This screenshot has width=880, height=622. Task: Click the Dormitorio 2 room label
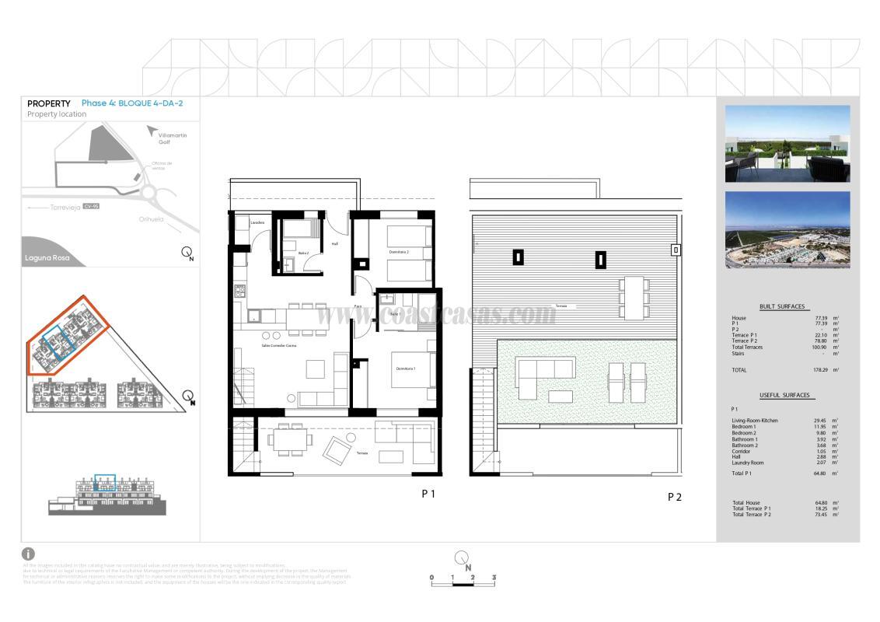point(399,252)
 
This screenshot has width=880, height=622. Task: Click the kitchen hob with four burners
point(239,292)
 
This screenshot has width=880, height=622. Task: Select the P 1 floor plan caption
point(428,494)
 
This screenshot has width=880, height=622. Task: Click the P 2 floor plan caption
point(674,497)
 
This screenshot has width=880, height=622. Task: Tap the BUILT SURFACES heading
point(781,306)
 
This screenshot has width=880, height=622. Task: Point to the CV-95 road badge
point(91,207)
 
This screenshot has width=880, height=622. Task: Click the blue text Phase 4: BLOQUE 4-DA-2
point(132,103)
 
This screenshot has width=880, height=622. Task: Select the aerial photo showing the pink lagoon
point(787,230)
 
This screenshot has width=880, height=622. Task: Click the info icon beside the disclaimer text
point(28,554)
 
